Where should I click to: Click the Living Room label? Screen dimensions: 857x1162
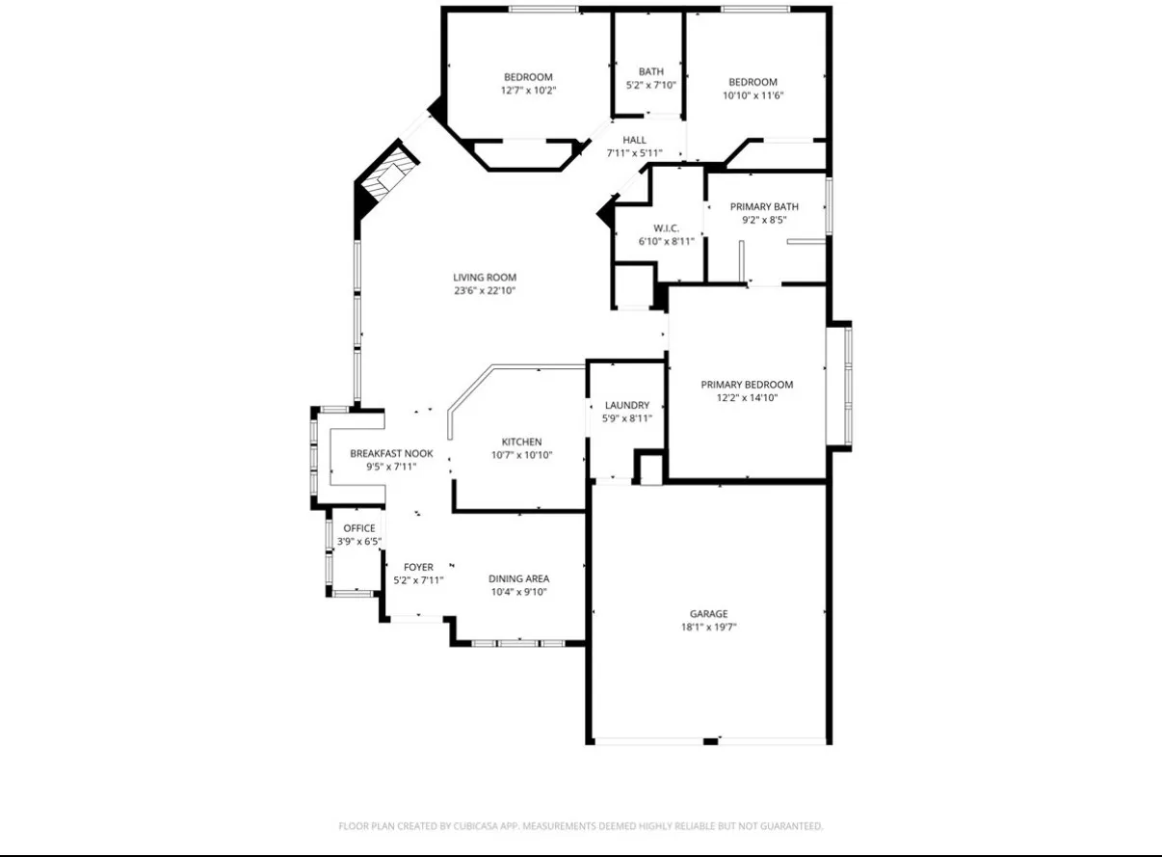point(485,278)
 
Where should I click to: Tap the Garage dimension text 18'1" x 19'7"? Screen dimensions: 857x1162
point(708,627)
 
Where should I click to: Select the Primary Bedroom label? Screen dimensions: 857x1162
point(747,385)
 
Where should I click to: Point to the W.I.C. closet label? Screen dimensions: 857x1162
point(667,228)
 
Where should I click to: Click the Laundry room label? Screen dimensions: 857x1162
point(626,405)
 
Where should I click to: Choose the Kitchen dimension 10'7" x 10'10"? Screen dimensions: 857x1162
point(521,455)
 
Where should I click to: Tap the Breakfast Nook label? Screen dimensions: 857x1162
point(391,453)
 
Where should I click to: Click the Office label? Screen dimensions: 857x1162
point(359,528)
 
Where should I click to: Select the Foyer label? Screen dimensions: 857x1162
point(418,567)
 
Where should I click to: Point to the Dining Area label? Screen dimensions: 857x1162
point(518,578)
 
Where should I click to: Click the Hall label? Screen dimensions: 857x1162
point(634,140)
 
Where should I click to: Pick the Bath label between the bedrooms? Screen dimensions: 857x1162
point(651,71)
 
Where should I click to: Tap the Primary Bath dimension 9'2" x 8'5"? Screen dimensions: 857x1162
point(764,220)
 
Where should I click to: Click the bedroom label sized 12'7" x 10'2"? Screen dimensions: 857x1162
point(528,77)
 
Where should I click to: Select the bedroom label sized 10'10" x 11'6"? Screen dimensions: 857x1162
point(753,82)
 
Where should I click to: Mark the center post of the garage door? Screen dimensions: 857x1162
point(710,740)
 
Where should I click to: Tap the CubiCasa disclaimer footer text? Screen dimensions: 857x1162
point(580,826)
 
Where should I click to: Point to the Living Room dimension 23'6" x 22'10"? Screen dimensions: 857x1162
point(485,290)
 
